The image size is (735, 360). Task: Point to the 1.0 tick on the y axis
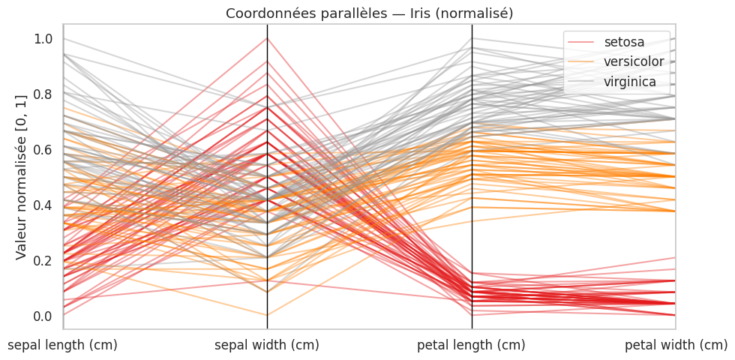pos(44,39)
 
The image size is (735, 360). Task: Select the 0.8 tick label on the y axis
pos(44,94)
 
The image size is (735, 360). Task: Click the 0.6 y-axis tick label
pos(44,150)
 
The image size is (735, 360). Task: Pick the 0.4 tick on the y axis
pos(44,205)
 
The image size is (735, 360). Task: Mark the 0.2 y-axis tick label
pos(44,260)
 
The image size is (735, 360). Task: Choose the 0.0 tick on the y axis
pos(44,316)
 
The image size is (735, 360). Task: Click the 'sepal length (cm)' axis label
pos(61,345)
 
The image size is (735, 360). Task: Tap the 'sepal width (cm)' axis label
pos(267,345)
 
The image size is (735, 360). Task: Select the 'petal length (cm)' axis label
pos(471,345)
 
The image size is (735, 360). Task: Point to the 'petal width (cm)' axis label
pos(676,345)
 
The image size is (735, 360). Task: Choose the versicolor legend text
pos(634,61)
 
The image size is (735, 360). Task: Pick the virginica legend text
pos(631,81)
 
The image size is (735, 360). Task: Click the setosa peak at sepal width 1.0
pos(267,39)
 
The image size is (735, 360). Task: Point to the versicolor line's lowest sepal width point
pos(267,315)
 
